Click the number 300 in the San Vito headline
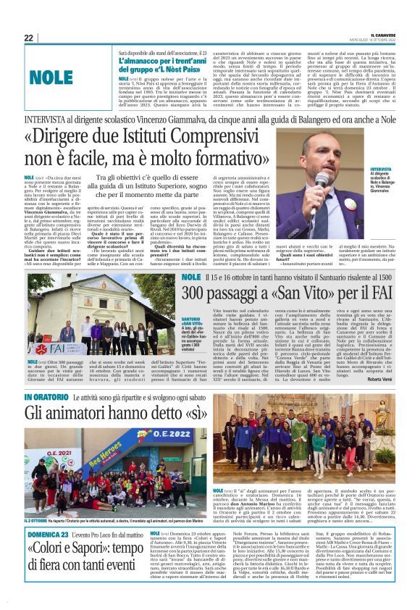click(x=198, y=293)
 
